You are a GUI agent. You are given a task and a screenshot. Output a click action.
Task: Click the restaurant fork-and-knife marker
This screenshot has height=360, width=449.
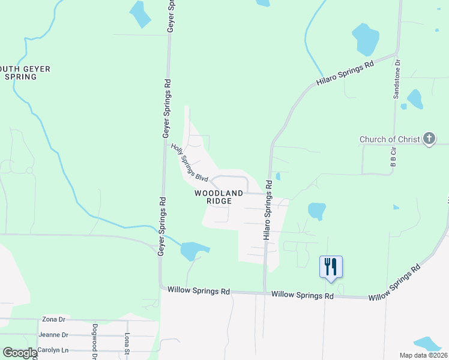(x=331, y=266)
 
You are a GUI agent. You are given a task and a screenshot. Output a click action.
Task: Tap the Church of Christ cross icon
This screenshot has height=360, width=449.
(x=429, y=139)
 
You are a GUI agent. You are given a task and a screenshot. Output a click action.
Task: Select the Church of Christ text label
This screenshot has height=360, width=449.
(x=390, y=140)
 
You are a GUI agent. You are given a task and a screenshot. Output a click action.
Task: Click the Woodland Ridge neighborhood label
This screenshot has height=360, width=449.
(x=218, y=197)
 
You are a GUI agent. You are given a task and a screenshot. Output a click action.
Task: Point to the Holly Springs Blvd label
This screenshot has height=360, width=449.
(x=189, y=162)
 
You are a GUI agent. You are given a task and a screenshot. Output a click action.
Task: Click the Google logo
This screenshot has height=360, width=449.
(x=20, y=353)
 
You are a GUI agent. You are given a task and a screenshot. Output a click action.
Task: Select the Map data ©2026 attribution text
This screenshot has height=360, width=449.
(x=423, y=355)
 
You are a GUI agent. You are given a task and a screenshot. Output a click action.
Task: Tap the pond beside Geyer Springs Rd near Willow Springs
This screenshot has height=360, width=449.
(x=193, y=250)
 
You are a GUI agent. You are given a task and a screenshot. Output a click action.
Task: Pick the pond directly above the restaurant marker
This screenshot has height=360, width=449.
(x=316, y=211)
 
